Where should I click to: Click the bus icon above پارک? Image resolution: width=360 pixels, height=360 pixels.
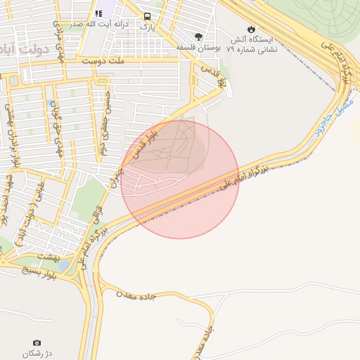click(x=147, y=16)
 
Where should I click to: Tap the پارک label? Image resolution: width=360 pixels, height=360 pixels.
click(x=147, y=27)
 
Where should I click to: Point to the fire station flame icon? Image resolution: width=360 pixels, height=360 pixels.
click(x=252, y=29)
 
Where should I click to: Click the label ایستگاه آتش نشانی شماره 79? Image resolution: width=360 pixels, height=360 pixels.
click(x=252, y=45)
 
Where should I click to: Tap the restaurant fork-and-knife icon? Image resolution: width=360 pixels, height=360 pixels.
click(x=99, y=13)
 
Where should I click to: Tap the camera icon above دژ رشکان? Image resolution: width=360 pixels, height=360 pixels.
click(x=37, y=342)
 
